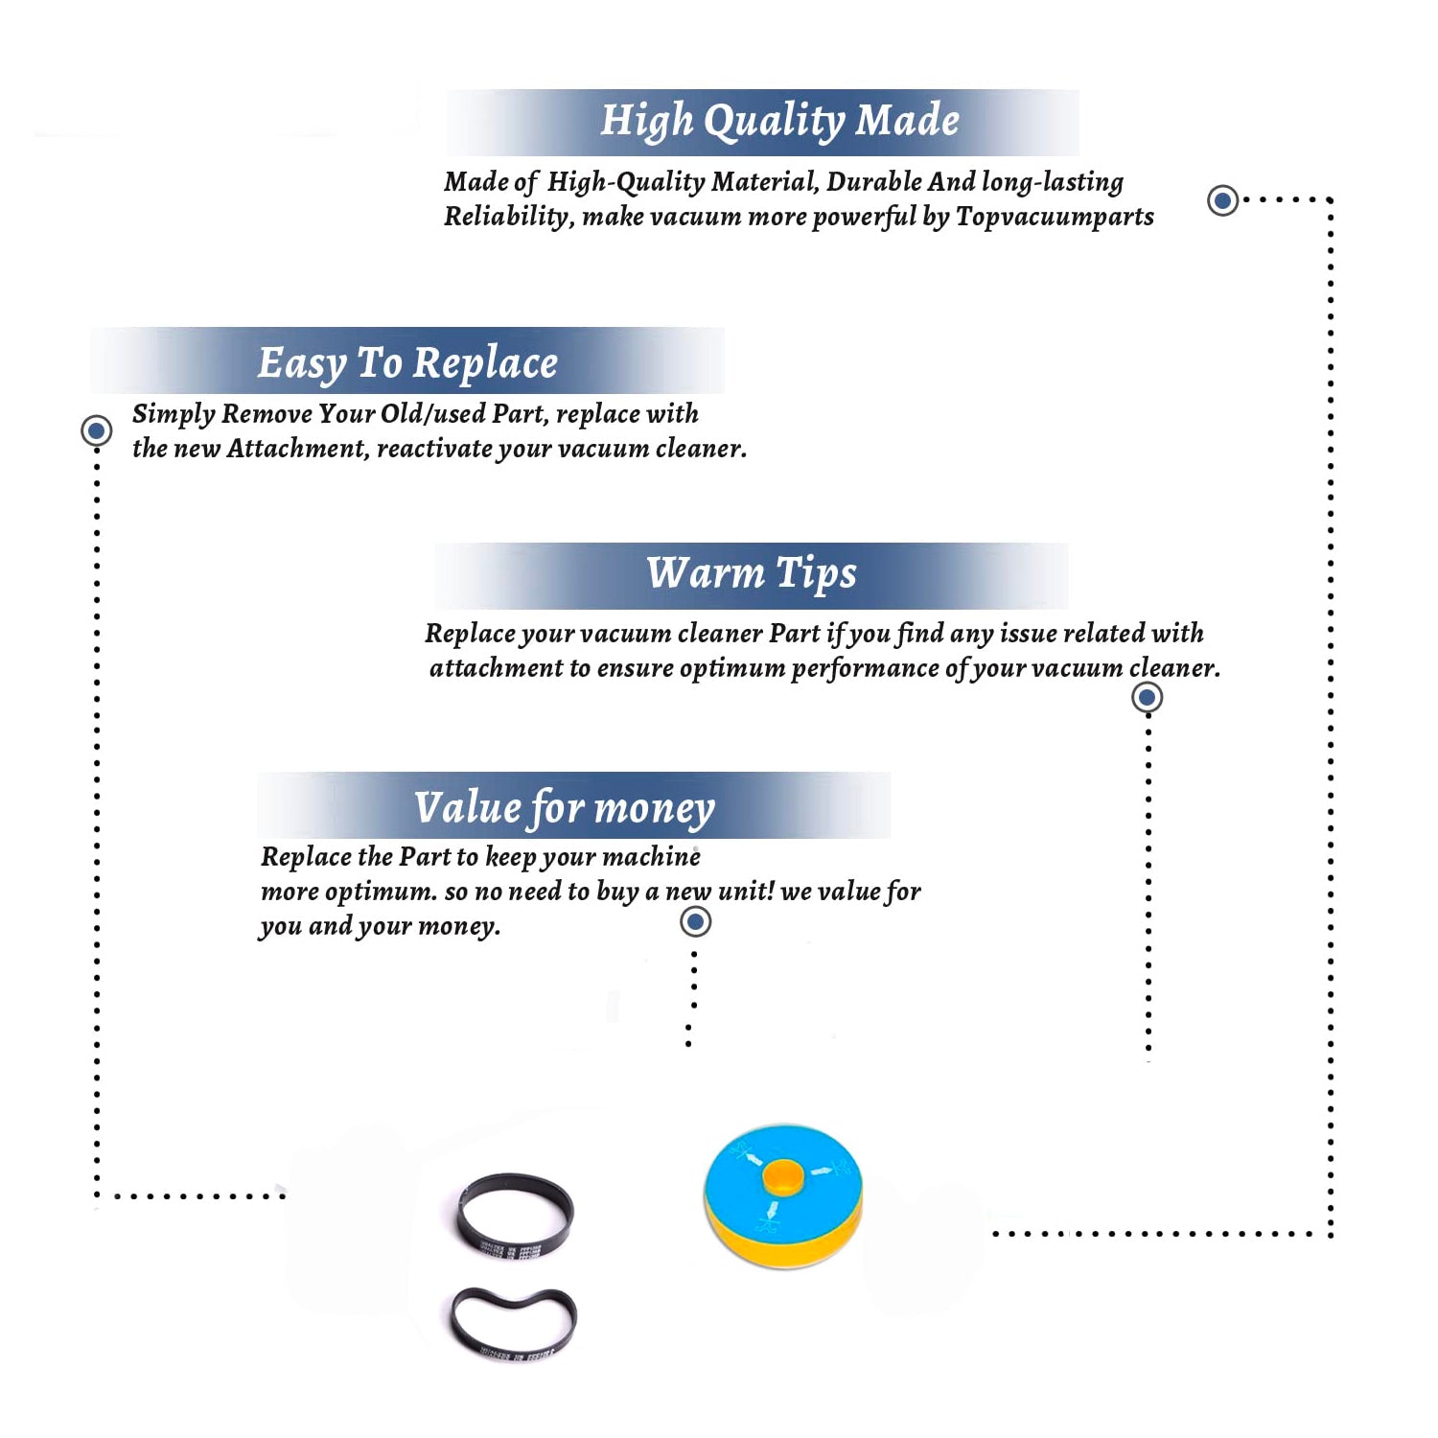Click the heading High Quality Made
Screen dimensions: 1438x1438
pyautogui.click(x=779, y=122)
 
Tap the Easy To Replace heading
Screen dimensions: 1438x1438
pyautogui.click(x=407, y=364)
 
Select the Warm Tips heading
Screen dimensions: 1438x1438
pyautogui.click(x=752, y=574)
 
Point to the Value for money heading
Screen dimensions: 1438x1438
pyautogui.click(x=565, y=808)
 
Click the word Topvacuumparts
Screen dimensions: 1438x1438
pyautogui.click(x=1055, y=218)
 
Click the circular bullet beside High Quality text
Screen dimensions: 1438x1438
pyautogui.click(x=1222, y=200)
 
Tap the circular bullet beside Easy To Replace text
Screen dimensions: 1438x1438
pyautogui.click(x=96, y=430)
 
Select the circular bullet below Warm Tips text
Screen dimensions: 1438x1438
pyautogui.click(x=1148, y=697)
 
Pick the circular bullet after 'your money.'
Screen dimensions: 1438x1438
pyautogui.click(x=695, y=922)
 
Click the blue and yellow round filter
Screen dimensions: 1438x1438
pyautogui.click(x=784, y=1194)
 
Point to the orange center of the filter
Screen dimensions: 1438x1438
pyautogui.click(x=783, y=1176)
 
